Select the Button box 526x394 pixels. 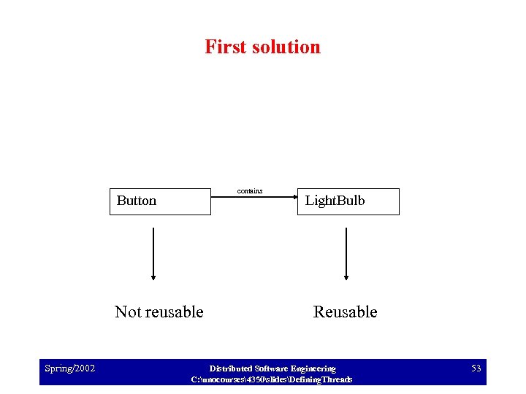click(x=160, y=201)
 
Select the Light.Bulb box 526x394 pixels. click(x=348, y=201)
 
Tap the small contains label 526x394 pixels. click(x=250, y=191)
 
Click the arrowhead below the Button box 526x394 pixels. click(x=153, y=277)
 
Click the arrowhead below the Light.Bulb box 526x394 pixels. click(x=346, y=277)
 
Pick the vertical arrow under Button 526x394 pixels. click(x=153, y=252)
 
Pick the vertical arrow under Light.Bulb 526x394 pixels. click(x=346, y=252)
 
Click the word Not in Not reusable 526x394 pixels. click(x=128, y=312)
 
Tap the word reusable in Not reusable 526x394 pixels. click(x=173, y=312)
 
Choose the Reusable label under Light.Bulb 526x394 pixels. click(x=345, y=312)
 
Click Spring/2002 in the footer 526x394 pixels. click(x=69, y=368)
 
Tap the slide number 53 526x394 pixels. click(x=476, y=368)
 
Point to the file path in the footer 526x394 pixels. click(x=271, y=379)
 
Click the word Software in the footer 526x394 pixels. click(x=272, y=368)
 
